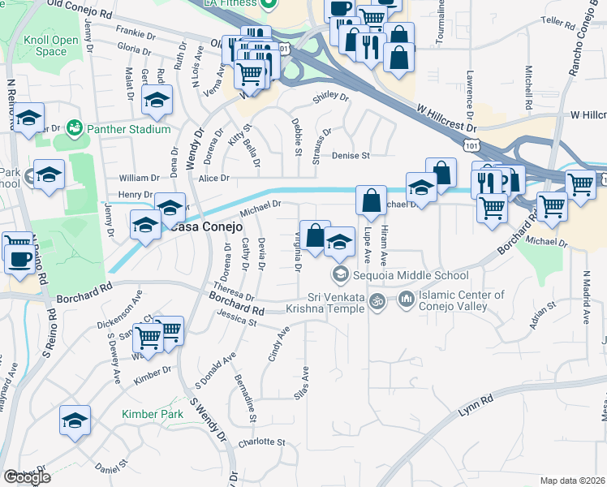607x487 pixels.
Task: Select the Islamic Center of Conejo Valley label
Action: point(460,300)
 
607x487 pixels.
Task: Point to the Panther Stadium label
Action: point(129,129)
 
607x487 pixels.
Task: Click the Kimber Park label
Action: point(152,414)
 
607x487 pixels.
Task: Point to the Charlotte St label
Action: point(262,443)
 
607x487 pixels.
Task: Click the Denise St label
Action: point(350,154)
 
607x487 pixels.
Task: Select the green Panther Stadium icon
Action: point(75,127)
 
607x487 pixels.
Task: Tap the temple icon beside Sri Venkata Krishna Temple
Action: point(376,302)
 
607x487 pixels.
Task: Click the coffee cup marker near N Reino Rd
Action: point(19,261)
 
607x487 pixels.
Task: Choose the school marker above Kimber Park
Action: point(75,421)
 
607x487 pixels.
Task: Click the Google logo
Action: point(28,477)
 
